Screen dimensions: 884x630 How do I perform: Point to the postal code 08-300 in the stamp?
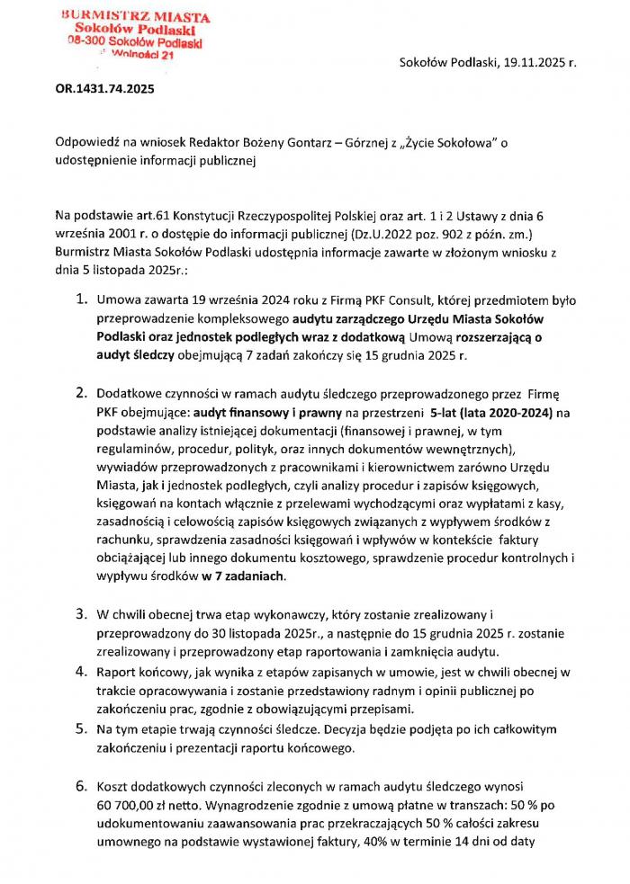click(87, 42)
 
